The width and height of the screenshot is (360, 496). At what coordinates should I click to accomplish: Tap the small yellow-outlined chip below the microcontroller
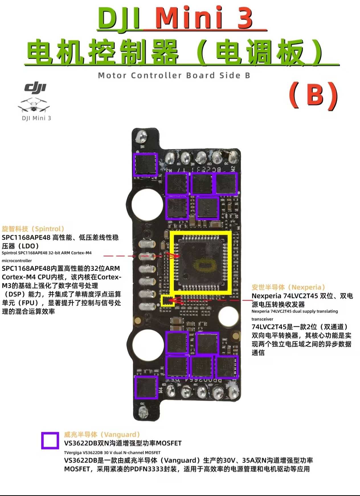167,301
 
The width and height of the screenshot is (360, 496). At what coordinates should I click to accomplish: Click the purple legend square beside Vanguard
50,441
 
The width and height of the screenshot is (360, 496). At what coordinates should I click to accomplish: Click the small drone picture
34,105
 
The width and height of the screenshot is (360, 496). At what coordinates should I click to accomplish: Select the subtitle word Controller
156,76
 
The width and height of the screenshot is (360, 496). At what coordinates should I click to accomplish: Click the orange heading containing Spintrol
33,229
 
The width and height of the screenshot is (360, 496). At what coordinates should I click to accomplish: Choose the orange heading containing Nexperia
288,287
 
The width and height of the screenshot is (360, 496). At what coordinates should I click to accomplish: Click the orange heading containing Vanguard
102,434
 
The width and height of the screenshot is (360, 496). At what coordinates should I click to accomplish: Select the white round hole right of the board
228,316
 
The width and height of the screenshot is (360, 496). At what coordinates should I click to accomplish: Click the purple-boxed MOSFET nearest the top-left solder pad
146,164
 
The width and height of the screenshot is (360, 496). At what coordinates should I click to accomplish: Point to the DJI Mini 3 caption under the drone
36,118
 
